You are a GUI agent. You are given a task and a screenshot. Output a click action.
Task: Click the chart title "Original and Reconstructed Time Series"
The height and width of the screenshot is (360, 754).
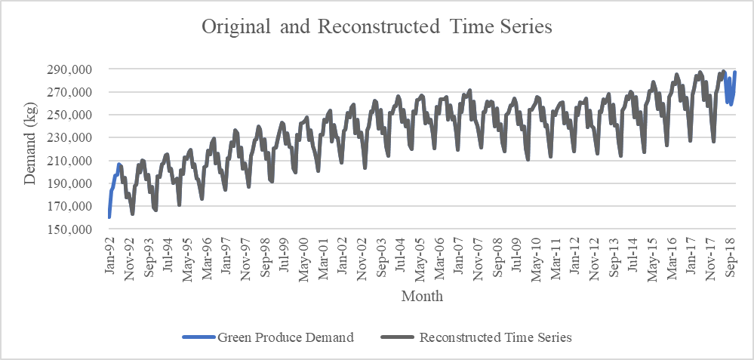point(377,27)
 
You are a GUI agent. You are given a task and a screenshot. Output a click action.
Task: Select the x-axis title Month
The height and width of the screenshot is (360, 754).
point(422,296)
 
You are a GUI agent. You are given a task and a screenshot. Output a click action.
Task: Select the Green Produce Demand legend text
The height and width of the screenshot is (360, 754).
point(285,337)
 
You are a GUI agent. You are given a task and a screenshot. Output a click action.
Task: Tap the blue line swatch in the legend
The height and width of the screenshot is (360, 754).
point(199,338)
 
